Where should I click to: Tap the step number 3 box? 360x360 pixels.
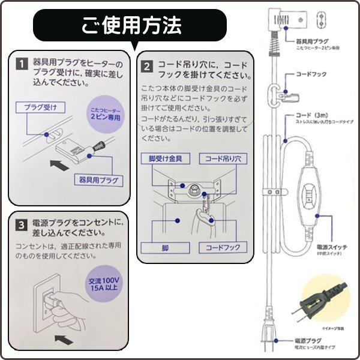click(21, 225)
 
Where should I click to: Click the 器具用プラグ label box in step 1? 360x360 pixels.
click(98, 179)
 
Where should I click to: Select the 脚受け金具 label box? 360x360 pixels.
click(170, 159)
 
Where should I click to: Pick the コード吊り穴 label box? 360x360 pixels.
click(223, 159)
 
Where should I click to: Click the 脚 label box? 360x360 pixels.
click(159, 247)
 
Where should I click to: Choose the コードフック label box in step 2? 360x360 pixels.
click(223, 247)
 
